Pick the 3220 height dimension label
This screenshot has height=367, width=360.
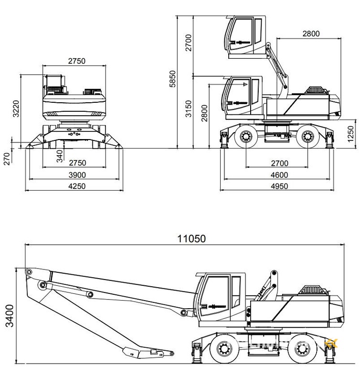[16, 108]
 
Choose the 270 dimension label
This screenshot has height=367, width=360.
[7, 158]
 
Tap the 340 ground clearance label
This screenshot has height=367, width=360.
[60, 155]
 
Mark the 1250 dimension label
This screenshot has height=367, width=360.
[351, 134]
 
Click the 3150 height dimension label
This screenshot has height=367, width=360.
[189, 109]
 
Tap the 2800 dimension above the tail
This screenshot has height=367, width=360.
[310, 33]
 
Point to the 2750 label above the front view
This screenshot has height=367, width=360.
[76, 61]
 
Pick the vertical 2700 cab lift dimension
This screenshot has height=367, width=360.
[189, 43]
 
